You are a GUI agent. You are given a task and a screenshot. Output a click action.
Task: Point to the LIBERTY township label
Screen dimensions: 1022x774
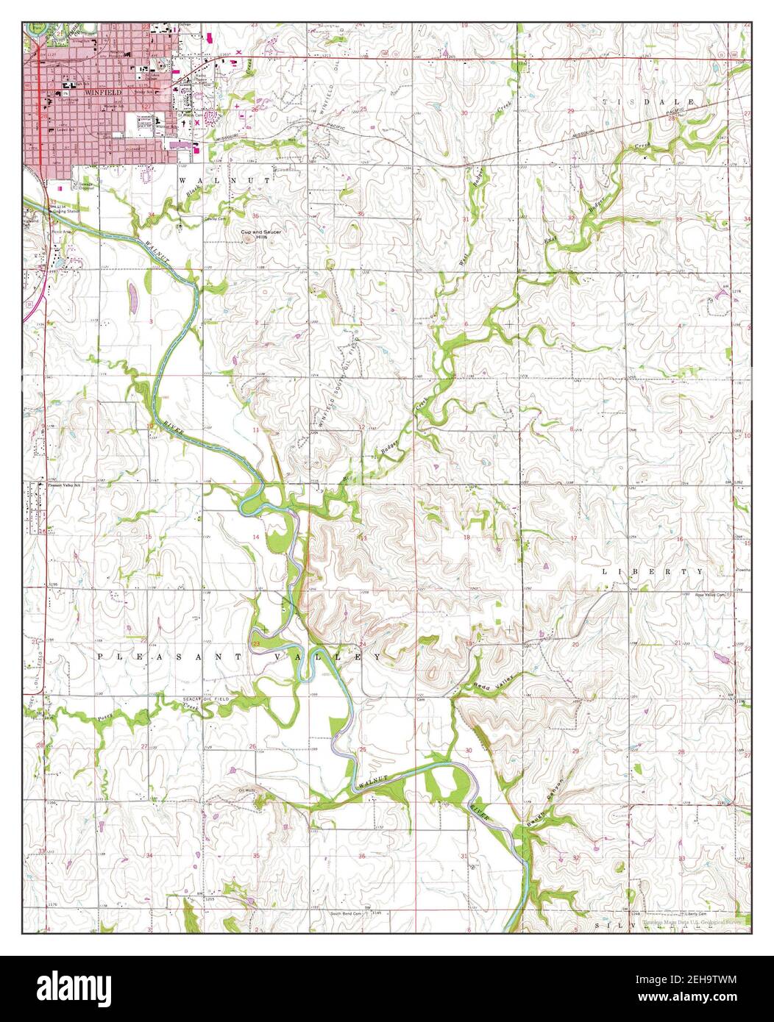pos(653,571)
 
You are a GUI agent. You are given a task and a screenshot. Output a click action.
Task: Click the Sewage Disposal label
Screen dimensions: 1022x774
pos(85,184)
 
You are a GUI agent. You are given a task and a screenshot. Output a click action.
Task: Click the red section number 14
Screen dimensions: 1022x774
pos(257,538)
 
